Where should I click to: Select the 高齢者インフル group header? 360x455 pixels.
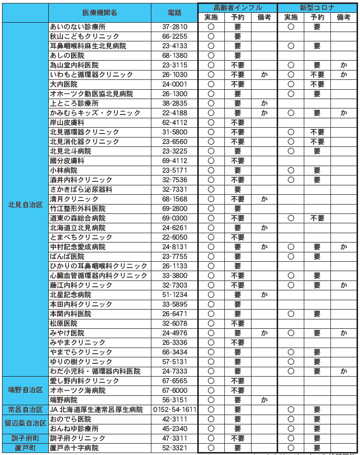point(238,8)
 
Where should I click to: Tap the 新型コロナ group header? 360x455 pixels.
point(317,8)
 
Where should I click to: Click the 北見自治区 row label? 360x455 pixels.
point(25,204)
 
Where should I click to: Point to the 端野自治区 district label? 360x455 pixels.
point(25,390)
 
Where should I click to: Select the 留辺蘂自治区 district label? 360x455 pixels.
point(25,423)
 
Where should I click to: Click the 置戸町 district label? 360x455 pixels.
point(25,448)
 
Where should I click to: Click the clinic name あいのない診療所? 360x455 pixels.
point(78,27)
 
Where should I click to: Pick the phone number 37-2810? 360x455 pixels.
point(175,27)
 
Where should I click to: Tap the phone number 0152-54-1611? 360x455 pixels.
point(175,410)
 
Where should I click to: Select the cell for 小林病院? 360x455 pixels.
point(64,170)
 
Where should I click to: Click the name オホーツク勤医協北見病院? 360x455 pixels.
point(92,94)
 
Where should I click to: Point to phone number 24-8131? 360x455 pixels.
point(175,246)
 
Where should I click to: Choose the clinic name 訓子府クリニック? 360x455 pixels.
point(78,438)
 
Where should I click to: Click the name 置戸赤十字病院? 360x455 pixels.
point(74,448)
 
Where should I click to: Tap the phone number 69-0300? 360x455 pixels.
point(175,218)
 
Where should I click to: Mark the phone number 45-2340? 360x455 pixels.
point(175,429)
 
